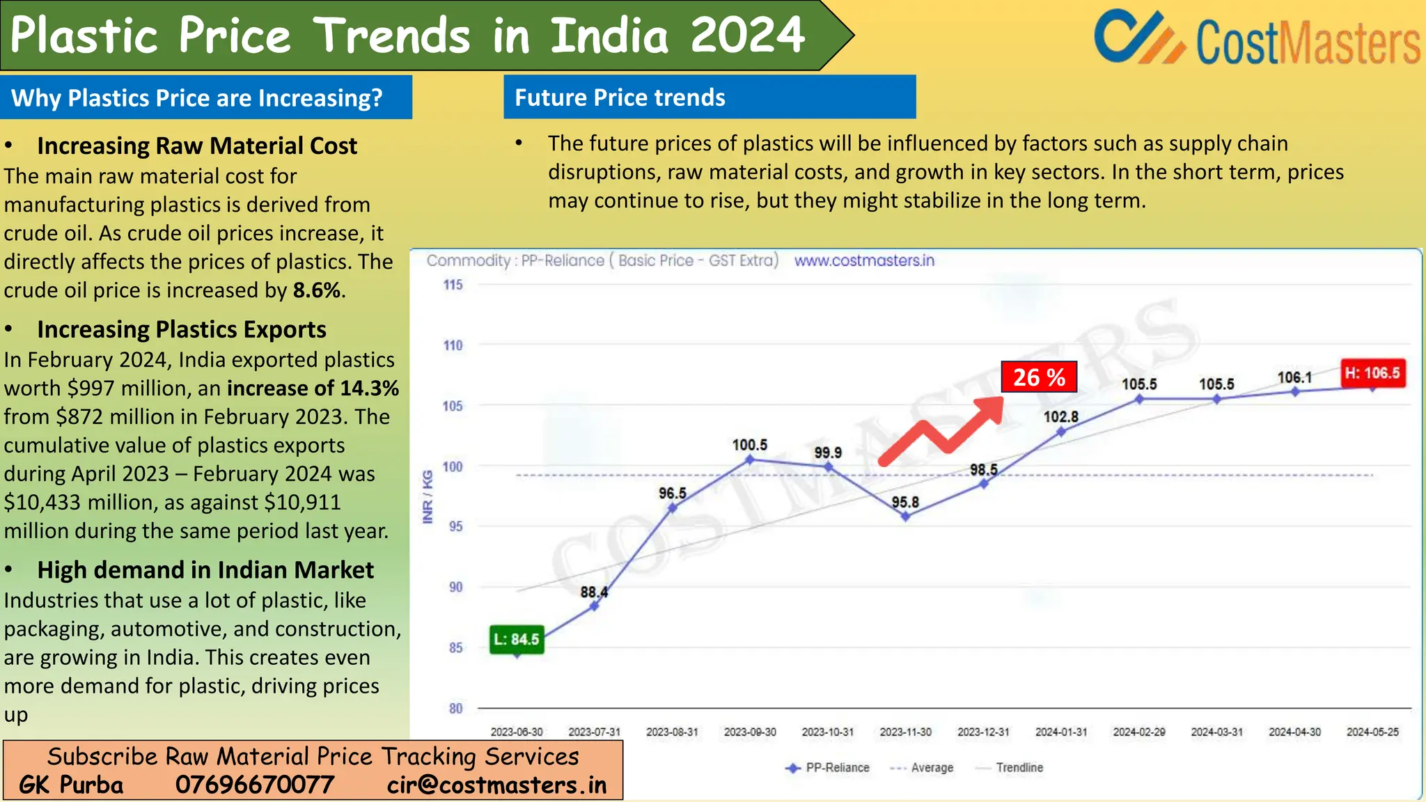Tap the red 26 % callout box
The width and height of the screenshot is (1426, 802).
tap(1039, 377)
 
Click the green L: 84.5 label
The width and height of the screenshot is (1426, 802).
tap(517, 639)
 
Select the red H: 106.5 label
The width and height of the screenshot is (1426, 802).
tap(1372, 373)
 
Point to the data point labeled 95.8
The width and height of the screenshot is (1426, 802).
tap(905, 517)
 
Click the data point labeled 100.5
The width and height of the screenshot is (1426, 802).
tap(750, 459)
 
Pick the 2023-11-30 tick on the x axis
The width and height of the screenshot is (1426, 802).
tap(905, 732)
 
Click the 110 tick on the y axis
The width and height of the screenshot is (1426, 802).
tap(453, 345)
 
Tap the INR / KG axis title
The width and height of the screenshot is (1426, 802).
tap(428, 496)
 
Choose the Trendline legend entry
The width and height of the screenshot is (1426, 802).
tap(1019, 767)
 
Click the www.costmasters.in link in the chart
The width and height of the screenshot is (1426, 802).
tap(864, 260)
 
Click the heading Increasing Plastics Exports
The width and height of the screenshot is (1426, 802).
tap(182, 329)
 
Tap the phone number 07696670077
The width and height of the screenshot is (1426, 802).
tap(254, 785)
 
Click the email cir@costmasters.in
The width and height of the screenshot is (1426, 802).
tap(496, 785)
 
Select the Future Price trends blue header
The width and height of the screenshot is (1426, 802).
tap(709, 97)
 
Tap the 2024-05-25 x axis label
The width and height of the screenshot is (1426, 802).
tap(1372, 732)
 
